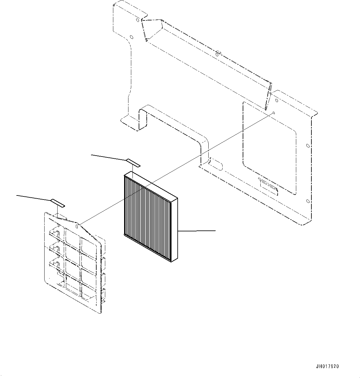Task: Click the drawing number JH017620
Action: tap(327, 367)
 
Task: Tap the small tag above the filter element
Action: tap(133, 163)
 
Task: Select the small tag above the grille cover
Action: tap(58, 203)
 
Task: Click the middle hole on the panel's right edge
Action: tap(307, 146)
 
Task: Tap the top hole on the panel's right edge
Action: tap(276, 100)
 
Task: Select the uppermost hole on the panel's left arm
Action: tap(137, 20)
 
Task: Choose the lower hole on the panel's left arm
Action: tap(132, 38)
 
